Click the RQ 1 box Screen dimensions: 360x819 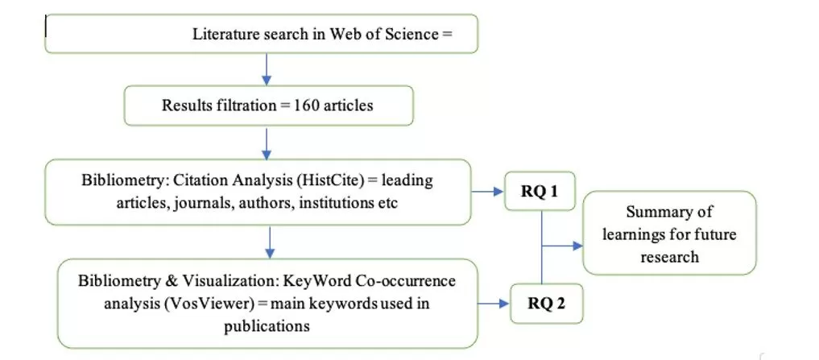540,191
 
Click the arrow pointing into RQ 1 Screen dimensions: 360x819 488,191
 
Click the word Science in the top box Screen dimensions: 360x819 408,35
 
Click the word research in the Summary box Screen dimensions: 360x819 669,258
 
